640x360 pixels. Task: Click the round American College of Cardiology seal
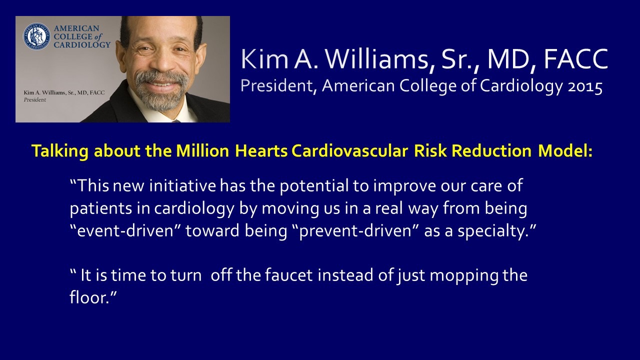(37, 36)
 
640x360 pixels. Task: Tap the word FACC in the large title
(575, 59)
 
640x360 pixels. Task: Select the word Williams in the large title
(377, 59)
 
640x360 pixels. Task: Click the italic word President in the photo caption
(34, 99)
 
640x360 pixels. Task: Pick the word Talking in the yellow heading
(59, 151)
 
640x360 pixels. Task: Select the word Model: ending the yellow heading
(565, 151)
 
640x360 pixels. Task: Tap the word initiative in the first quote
(182, 185)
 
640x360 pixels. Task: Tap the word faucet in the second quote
(289, 275)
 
